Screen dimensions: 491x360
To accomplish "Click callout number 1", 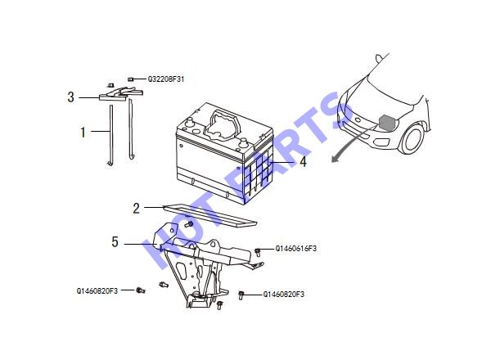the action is point(83,133).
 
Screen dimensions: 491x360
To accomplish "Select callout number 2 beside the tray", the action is point(136,208).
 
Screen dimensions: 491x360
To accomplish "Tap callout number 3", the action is point(70,97).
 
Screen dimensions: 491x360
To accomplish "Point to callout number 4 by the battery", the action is point(303,162).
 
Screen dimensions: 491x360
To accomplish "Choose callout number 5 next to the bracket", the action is point(115,242).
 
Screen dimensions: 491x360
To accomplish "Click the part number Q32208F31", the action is point(166,79).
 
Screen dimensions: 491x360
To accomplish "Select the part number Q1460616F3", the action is point(296,249).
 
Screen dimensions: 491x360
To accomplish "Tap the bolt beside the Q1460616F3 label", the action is point(258,252).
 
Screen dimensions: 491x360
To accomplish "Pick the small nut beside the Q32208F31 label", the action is point(131,79).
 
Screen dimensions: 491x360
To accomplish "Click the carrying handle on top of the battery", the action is point(223,124).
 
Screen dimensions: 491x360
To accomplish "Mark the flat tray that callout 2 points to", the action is point(210,215).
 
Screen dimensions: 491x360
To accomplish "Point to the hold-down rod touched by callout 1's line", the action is point(110,135).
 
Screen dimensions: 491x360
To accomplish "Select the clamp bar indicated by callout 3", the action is point(120,94).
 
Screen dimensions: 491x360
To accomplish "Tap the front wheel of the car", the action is point(413,138).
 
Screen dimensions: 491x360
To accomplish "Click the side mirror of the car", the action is point(379,58).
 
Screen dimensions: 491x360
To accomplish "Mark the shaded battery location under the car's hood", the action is point(387,123).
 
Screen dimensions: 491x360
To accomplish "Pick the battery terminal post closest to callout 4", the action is point(244,142).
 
